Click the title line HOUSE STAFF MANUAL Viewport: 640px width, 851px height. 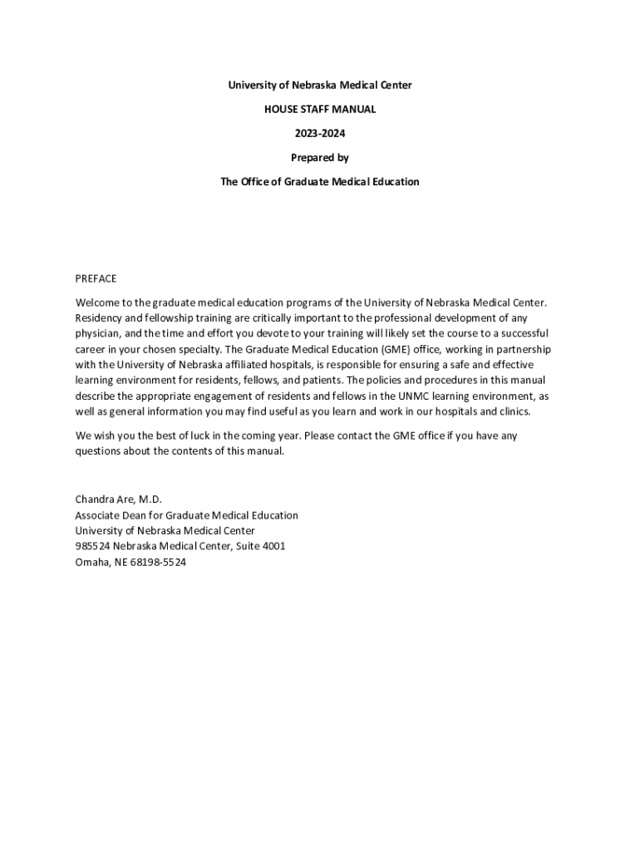click(x=320, y=109)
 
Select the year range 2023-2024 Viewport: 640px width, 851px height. click(x=320, y=133)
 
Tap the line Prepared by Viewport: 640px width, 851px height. click(x=320, y=157)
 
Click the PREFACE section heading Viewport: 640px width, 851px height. click(x=96, y=278)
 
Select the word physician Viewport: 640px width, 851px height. click(x=97, y=334)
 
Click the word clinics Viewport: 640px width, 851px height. click(x=512, y=412)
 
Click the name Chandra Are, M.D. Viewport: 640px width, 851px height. click(x=119, y=499)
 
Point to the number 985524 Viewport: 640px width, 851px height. click(x=92, y=547)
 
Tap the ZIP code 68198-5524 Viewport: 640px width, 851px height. click(x=157, y=563)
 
